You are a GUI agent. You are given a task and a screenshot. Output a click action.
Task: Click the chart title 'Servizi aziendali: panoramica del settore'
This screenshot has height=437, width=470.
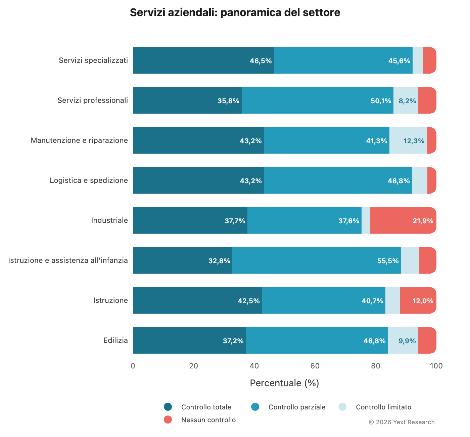(235, 13)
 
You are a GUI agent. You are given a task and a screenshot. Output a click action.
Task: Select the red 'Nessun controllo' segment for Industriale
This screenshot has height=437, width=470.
(403, 221)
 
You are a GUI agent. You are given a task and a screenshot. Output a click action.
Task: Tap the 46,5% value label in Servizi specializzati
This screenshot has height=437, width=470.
(261, 61)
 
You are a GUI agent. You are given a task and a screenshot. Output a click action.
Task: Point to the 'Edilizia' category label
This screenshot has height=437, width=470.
(115, 341)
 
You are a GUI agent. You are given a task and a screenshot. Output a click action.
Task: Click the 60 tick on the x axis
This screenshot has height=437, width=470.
(315, 366)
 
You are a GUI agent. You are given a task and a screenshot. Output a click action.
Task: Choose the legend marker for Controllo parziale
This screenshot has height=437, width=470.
(255, 407)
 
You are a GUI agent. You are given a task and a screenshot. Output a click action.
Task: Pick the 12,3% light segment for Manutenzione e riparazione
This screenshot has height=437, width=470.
(408, 141)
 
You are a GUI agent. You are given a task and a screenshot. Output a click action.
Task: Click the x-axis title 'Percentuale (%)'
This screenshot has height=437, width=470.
(284, 383)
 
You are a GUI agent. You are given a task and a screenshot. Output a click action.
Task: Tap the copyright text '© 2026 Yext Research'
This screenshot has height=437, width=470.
(402, 422)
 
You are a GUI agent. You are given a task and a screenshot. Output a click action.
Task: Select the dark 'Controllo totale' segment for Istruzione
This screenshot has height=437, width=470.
(197, 301)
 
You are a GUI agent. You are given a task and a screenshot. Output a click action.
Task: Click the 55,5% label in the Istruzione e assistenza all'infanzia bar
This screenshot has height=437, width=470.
(388, 261)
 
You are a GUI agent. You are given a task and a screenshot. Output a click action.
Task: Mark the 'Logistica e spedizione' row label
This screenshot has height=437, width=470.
(89, 181)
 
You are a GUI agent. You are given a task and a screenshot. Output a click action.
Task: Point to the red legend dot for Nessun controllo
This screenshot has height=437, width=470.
(168, 420)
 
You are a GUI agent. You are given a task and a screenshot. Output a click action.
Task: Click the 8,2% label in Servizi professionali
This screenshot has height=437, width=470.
(407, 101)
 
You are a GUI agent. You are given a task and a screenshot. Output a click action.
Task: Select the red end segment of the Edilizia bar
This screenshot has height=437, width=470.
(427, 341)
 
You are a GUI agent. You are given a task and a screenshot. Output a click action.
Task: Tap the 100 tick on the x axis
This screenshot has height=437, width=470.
(436, 366)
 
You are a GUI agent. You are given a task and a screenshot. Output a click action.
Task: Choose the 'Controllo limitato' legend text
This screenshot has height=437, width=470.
(383, 407)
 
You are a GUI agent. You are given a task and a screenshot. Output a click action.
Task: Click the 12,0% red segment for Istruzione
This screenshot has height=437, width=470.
(418, 301)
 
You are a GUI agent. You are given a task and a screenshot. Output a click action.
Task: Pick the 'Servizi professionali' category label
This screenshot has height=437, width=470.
(93, 101)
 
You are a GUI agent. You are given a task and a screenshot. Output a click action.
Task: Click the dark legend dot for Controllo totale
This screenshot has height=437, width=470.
(168, 407)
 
